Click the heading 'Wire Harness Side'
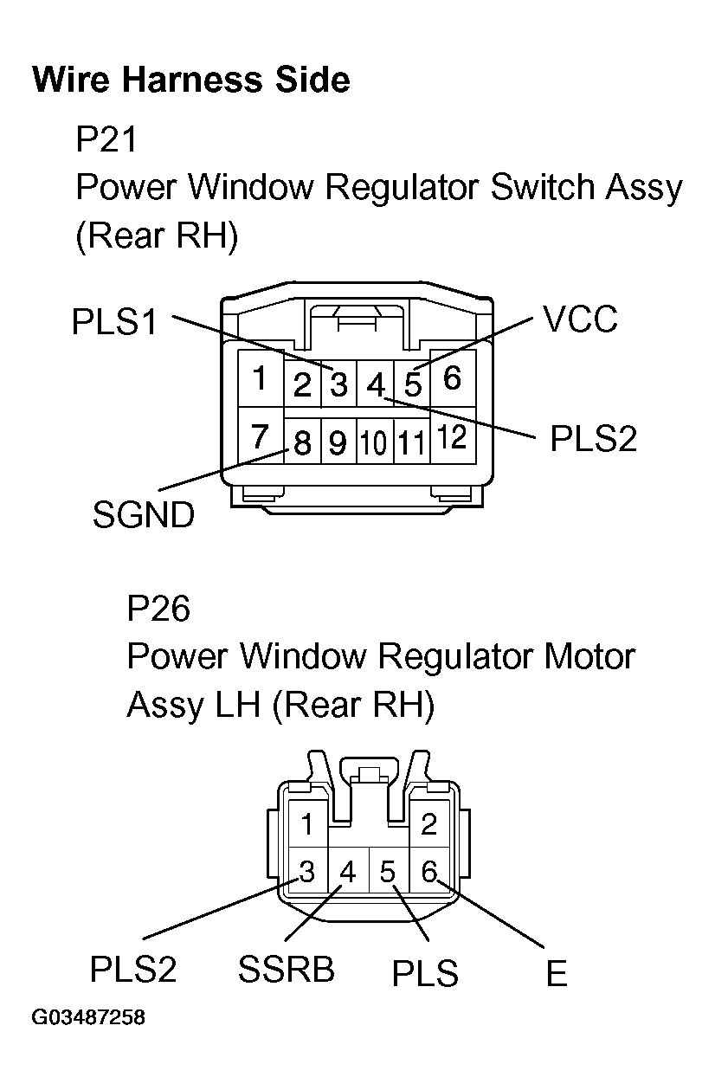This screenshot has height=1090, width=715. coord(190,80)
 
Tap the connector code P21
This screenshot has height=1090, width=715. coord(106,139)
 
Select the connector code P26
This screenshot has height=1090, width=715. coord(158,609)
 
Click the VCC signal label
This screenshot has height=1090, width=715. coord(580,319)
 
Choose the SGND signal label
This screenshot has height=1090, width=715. coord(143,515)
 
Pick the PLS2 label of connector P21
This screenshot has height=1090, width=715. coord(593,439)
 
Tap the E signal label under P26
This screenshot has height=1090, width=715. coord(556,974)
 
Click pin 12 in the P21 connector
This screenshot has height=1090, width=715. coord(452,438)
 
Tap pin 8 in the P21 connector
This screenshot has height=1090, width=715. coord(302,443)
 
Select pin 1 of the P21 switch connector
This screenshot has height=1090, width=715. coord(258,378)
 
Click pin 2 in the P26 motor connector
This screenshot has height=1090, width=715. coord(428,824)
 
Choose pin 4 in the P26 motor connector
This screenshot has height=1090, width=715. coord(347,871)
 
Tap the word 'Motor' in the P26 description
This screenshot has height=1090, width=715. coord(583,657)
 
